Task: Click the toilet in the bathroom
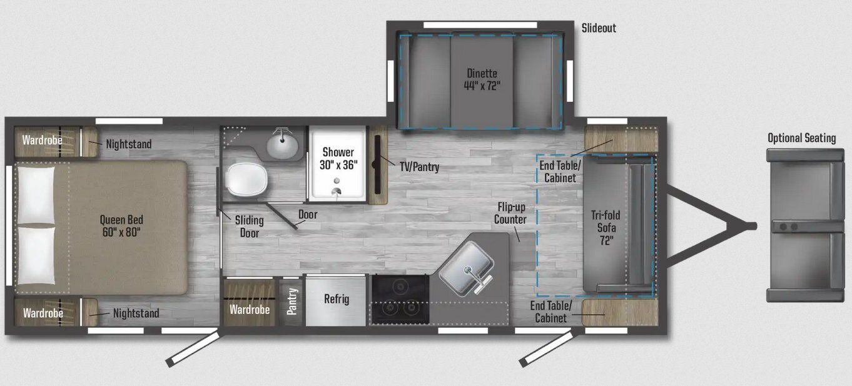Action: pos(246,180)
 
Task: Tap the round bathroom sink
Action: pos(282,145)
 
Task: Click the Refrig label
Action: pos(337,299)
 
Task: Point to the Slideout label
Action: pos(599,28)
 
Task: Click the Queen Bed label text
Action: pos(121,225)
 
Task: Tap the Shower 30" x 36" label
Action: pos(338,158)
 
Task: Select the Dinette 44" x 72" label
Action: pos(482,79)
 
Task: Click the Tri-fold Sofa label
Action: pos(606,228)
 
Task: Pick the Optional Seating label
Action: pos(802,138)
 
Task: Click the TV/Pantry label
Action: pos(419,166)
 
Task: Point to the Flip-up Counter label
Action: pos(510,213)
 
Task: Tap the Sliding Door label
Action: pos(249,226)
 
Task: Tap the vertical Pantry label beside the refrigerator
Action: pos(292,302)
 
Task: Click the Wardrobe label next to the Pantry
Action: pos(250,310)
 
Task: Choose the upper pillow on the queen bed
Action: pos(36,195)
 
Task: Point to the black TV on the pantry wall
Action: pos(377,165)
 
